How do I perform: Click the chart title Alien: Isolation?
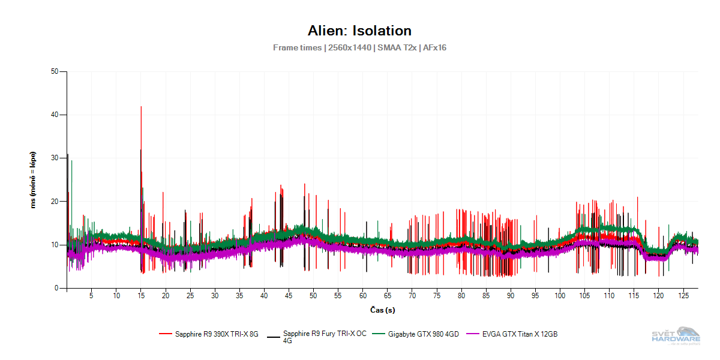click(359, 31)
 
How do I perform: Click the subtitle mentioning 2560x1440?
click(359, 47)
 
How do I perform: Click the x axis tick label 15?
click(140, 296)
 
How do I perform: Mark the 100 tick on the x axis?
click(560, 296)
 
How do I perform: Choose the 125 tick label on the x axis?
click(683, 296)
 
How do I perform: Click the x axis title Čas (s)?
click(382, 310)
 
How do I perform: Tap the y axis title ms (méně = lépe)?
click(34, 180)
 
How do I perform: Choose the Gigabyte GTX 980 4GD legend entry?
click(423, 334)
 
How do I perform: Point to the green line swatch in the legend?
click(379, 334)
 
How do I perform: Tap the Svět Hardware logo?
click(676, 336)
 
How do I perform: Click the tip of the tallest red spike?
click(141, 107)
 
